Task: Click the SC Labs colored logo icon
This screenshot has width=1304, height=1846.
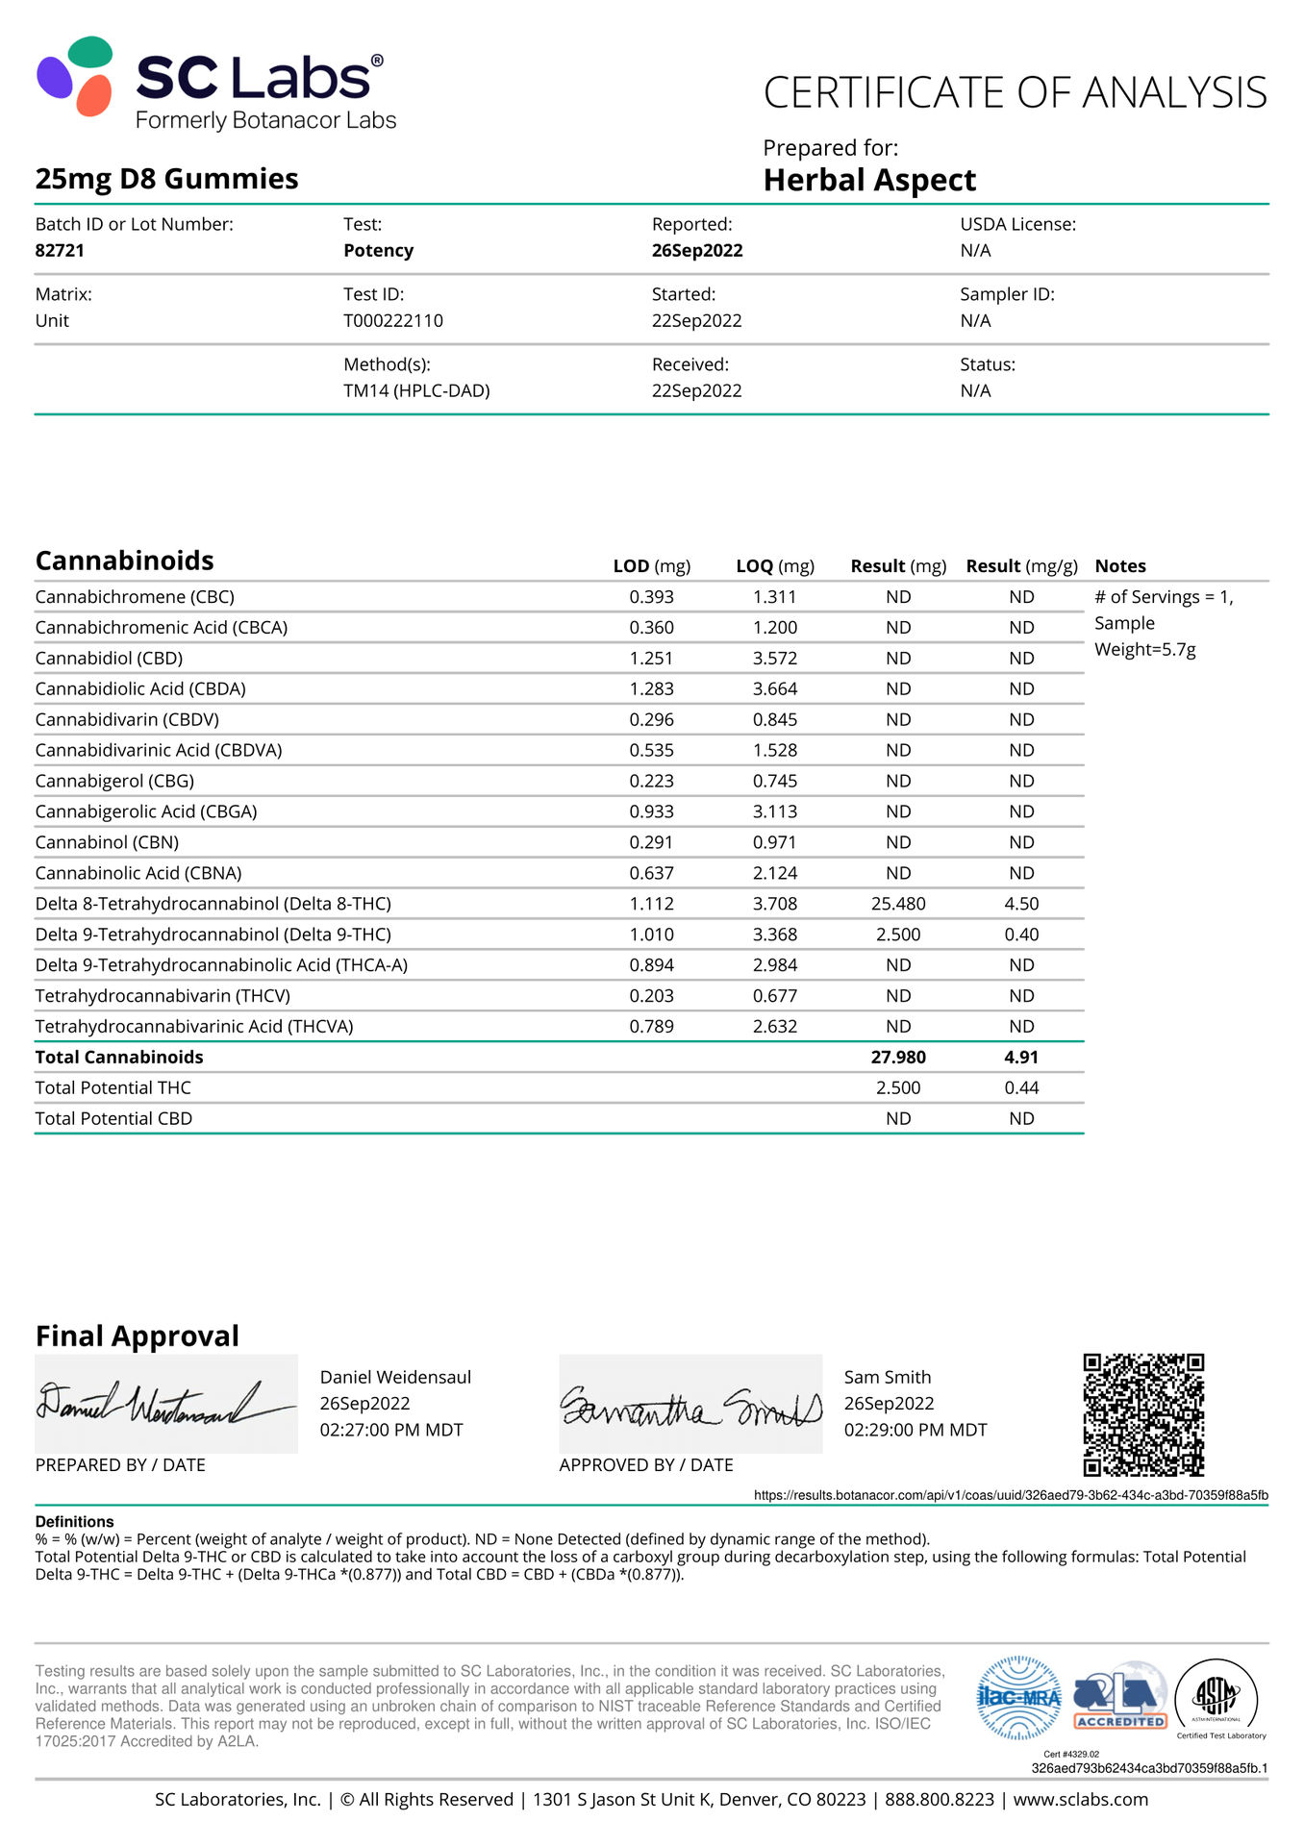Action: [x=75, y=77]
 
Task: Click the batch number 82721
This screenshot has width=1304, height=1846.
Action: [x=60, y=251]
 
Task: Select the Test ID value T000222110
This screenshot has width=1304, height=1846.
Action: [x=393, y=321]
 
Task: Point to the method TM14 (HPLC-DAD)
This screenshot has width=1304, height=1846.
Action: [x=416, y=391]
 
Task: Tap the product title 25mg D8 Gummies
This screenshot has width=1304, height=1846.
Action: [x=166, y=179]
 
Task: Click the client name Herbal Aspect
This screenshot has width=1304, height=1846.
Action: [x=869, y=180]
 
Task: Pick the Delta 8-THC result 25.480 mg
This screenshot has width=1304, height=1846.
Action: [x=898, y=904]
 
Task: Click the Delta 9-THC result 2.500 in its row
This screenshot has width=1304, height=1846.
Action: [x=898, y=935]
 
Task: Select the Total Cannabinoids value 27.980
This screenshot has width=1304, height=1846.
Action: [x=898, y=1058]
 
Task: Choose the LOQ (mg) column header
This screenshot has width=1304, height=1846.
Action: [x=775, y=566]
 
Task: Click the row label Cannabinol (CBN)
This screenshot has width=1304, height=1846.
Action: [x=107, y=842]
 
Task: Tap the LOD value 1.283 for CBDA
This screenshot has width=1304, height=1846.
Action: [x=651, y=689]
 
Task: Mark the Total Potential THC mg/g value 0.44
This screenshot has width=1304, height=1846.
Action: [x=1021, y=1088]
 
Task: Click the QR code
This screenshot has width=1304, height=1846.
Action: [x=1143, y=1415]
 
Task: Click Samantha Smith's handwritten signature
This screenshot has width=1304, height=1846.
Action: [x=690, y=1407]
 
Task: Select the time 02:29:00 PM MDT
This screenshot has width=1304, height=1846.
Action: [x=915, y=1431]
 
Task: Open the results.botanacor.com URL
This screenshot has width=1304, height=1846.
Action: [x=1011, y=1496]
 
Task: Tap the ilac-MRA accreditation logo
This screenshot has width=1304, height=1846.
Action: [x=1018, y=1698]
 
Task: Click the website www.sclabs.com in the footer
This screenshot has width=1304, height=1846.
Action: [x=1080, y=1800]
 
